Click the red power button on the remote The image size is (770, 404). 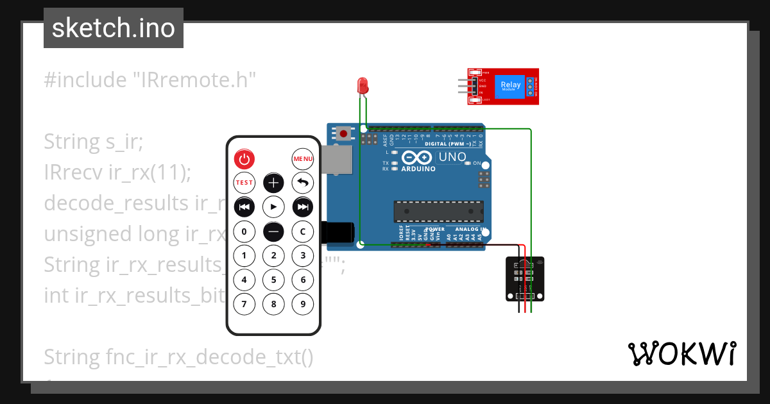coord(244,158)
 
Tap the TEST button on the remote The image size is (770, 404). coord(244,183)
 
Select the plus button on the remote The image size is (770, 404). coord(273,183)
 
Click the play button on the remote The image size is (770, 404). coord(273,206)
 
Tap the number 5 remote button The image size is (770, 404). coord(273,280)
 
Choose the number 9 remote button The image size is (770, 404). coord(303,304)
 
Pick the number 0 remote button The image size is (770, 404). coord(244,231)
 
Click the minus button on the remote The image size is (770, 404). coord(273,231)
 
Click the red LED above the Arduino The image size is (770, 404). coord(363,85)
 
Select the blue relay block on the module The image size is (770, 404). coord(511,86)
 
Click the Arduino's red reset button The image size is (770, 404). coord(344,134)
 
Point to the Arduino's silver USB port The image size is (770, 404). coord(338,160)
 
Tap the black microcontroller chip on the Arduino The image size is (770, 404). coord(438,210)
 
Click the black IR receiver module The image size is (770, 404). coord(525,279)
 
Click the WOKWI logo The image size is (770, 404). coord(681,353)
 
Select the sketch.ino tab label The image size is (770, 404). coord(114,28)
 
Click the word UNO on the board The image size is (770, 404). coord(452,157)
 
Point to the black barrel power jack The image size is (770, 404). coord(338,232)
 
